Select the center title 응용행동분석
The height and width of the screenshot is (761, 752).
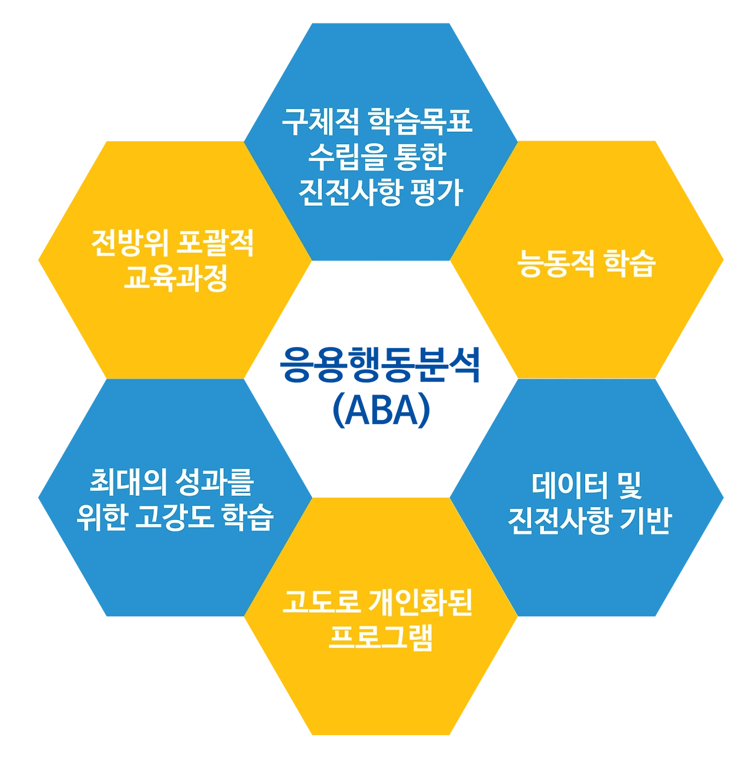(x=381, y=366)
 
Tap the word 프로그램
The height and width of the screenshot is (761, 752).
(x=381, y=637)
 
